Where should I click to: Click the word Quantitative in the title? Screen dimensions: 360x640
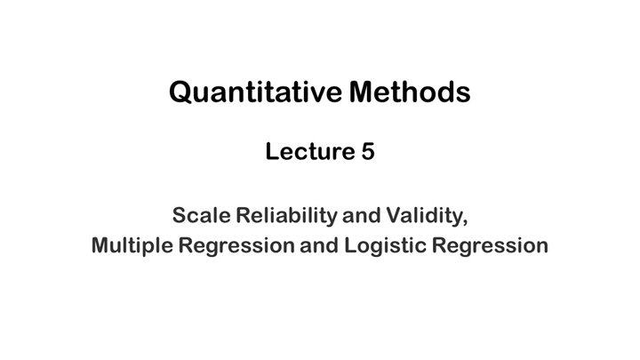coord(255,91)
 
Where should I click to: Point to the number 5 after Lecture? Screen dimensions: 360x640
coord(367,152)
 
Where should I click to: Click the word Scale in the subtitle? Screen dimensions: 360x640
coord(196,215)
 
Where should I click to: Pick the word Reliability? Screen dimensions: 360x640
coord(276,216)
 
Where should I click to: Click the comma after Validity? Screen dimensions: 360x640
coord(465,221)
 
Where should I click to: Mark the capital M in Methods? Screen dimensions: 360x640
coord(365,91)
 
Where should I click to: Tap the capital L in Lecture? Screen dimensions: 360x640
coord(271,152)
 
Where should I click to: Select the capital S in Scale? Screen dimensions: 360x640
coord(179,215)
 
